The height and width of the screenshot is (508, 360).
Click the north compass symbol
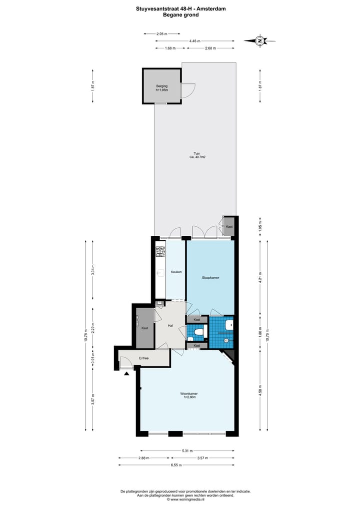(259, 41)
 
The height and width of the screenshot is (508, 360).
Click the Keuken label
(176, 272)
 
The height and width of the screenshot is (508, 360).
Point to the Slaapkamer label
(210, 277)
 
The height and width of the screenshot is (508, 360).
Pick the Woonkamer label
(188, 395)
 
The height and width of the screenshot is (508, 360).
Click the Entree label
(144, 358)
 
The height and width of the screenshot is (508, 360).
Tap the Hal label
(170, 325)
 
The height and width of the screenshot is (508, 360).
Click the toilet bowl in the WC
(198, 332)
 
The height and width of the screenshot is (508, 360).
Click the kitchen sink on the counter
(160, 273)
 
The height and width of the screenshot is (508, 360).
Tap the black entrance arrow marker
(127, 373)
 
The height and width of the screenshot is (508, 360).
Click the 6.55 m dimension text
(175, 465)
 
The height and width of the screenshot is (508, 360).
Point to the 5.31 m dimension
(187, 451)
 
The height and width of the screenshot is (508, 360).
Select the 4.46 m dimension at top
(195, 41)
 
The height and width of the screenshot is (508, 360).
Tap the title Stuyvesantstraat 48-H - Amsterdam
(180, 8)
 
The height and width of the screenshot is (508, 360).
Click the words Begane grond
(180, 15)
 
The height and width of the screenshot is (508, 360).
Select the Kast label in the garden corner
(229, 227)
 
